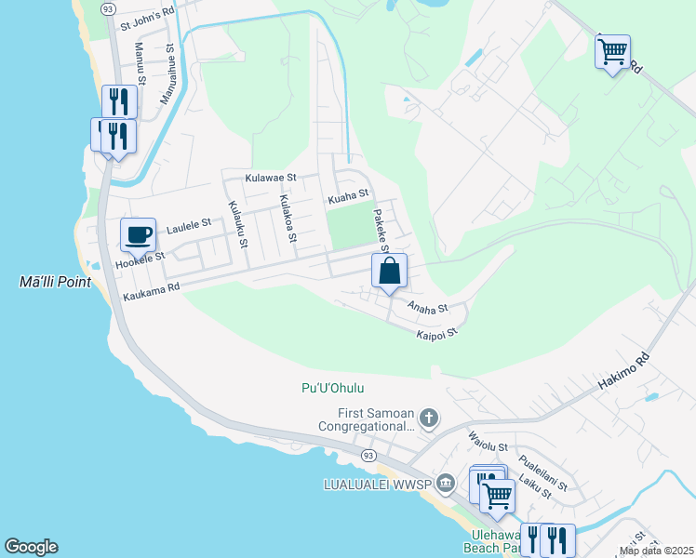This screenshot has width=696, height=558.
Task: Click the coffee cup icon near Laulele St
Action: click(x=138, y=233)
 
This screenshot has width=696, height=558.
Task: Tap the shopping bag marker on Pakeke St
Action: click(x=390, y=271)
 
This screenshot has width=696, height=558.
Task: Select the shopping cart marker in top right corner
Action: click(x=612, y=52)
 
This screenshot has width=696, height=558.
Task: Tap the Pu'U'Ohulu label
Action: click(x=332, y=388)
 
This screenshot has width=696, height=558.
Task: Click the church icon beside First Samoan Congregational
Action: click(x=428, y=418)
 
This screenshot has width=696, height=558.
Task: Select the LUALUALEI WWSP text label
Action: click(x=377, y=484)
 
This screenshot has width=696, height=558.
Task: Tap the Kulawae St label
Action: click(x=270, y=177)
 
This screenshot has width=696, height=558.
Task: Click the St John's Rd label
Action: click(x=147, y=14)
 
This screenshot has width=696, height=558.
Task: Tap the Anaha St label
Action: click(x=427, y=307)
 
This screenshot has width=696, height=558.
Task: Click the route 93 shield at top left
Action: click(x=108, y=8)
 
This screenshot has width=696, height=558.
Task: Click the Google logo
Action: click(x=31, y=547)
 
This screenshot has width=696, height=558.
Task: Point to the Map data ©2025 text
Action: click(x=656, y=551)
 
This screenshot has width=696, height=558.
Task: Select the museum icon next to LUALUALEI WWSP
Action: click(x=446, y=482)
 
